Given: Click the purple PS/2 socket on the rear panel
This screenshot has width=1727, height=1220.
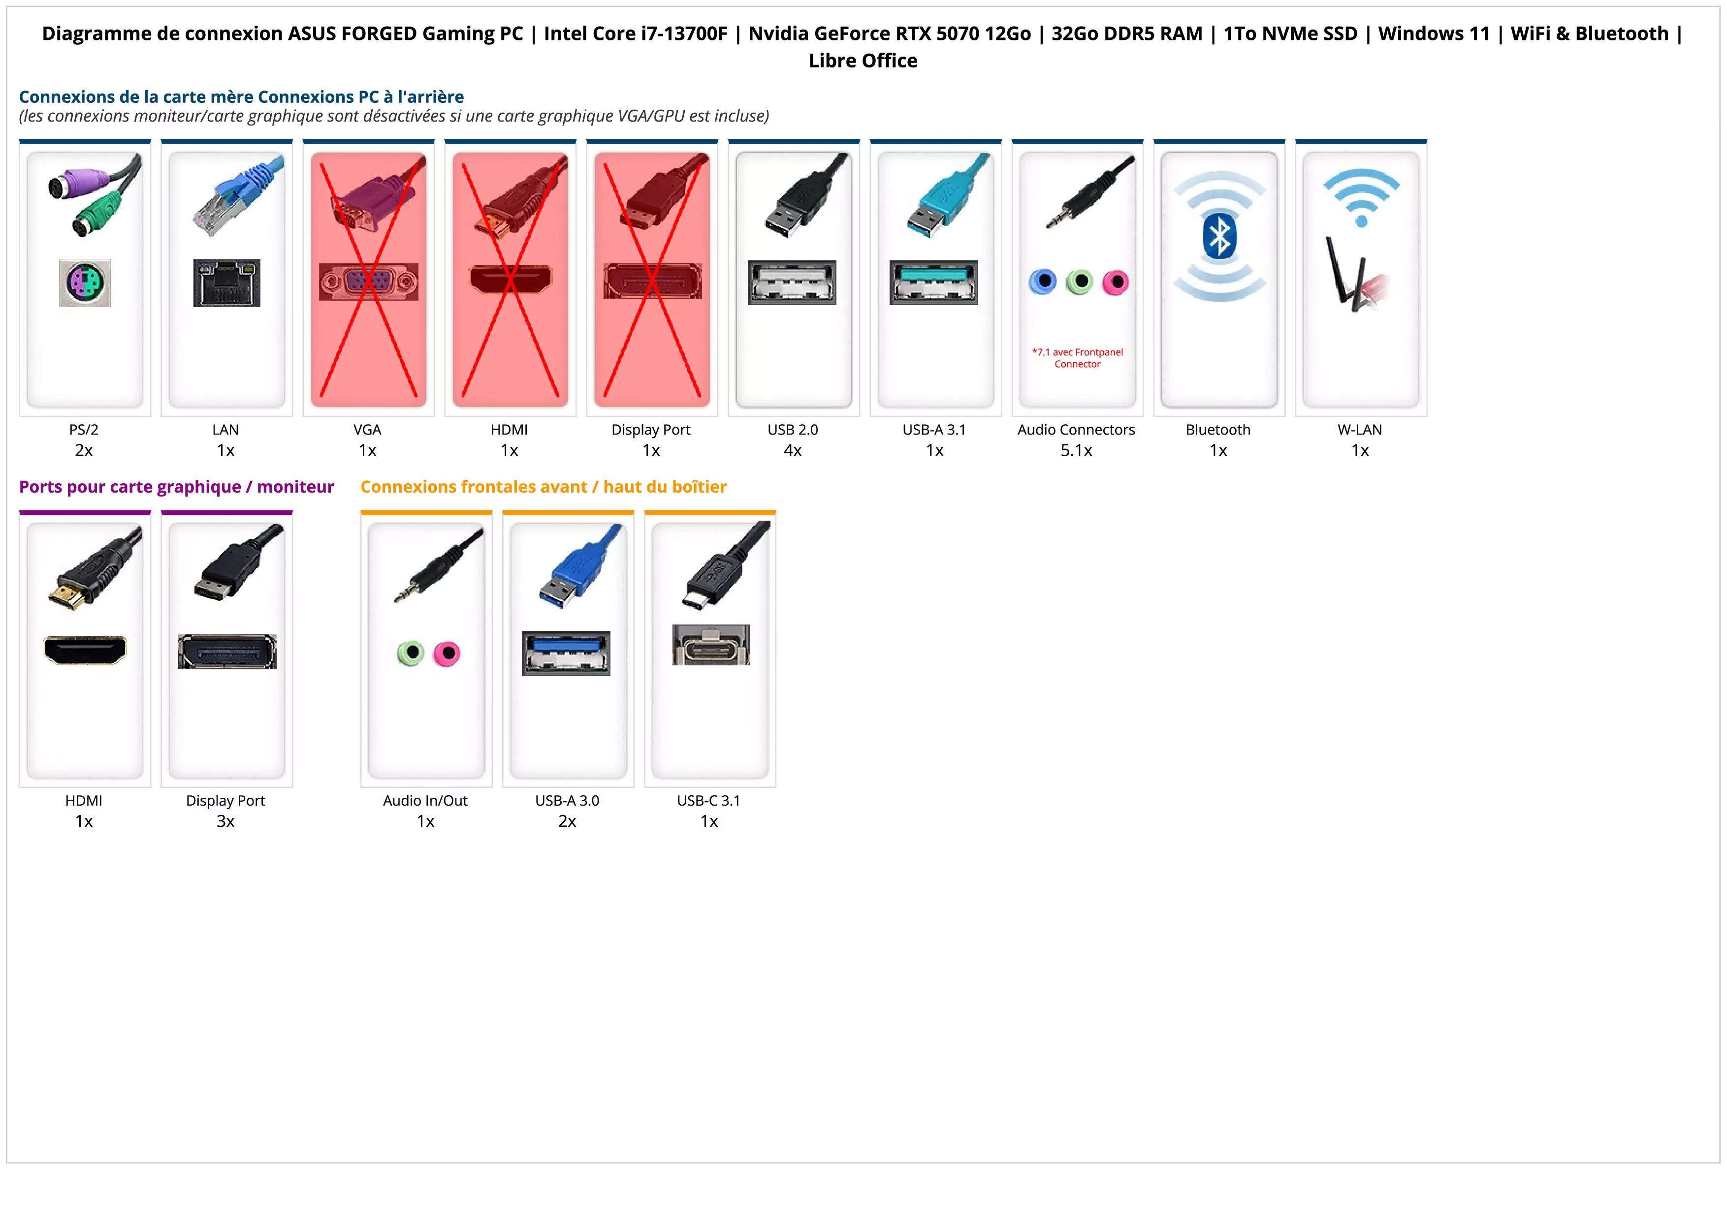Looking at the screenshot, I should click(x=85, y=282).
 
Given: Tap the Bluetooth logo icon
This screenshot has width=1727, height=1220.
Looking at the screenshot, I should click(x=1218, y=237).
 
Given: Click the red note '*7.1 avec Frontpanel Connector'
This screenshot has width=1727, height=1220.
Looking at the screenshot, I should click(x=1077, y=358).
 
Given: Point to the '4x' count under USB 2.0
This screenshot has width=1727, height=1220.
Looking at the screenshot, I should click(x=793, y=450).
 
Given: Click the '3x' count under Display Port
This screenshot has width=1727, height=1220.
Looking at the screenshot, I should click(x=225, y=821).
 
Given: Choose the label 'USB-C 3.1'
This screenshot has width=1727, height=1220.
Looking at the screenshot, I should click(x=708, y=801).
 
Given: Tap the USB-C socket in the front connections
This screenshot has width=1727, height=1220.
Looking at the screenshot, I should click(x=711, y=645).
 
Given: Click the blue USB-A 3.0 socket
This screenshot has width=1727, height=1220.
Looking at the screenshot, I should click(x=566, y=653).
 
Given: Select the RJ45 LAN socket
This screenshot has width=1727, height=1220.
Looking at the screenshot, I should click(x=226, y=282).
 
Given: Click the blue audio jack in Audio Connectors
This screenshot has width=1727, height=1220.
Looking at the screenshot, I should click(x=1043, y=282).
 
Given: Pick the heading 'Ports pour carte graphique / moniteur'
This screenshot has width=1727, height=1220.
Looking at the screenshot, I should click(x=176, y=487).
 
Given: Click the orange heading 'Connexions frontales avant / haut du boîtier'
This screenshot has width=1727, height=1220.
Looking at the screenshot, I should click(x=543, y=487).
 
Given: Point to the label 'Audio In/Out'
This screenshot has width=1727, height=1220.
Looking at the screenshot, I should click(x=425, y=801).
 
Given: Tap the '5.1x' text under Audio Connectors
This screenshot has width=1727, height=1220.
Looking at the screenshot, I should click(x=1076, y=450).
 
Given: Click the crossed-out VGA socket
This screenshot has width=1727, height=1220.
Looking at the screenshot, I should click(x=368, y=282).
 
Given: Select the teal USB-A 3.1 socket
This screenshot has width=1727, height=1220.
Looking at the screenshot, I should click(x=933, y=282).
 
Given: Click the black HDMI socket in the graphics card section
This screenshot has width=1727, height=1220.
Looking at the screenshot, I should click(x=85, y=650).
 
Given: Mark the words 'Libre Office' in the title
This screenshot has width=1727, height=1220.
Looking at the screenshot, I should click(x=863, y=61).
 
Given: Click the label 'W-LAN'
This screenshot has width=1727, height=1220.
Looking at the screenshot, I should click(x=1359, y=430).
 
